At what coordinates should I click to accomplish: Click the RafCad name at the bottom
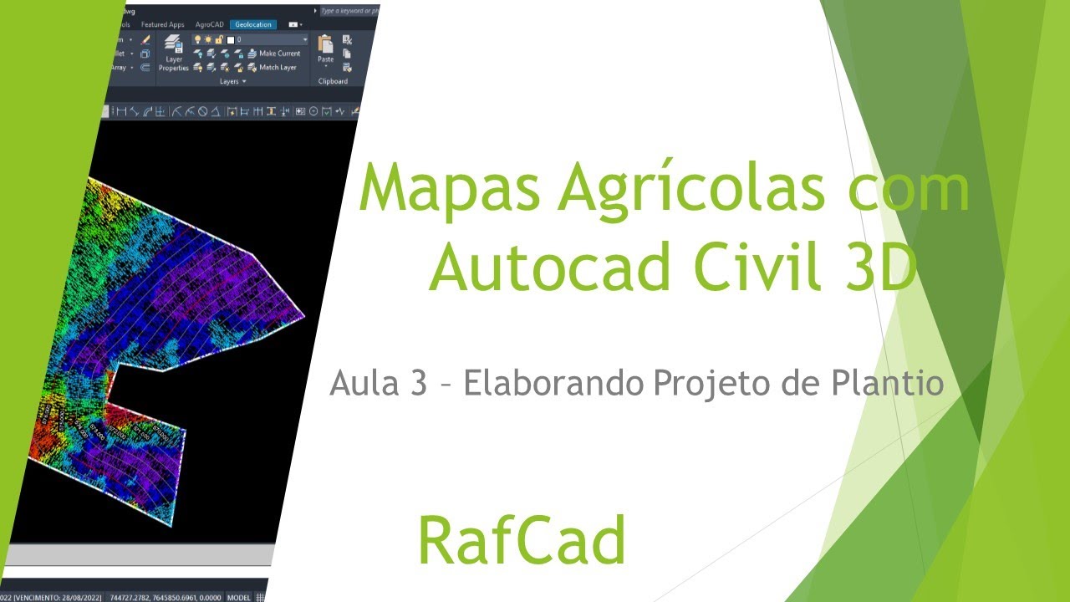click(x=522, y=540)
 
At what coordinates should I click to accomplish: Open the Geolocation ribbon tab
click(x=253, y=25)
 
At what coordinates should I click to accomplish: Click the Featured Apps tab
click(x=162, y=25)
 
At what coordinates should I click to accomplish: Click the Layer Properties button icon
click(x=174, y=45)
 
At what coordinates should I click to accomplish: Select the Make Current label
click(x=279, y=54)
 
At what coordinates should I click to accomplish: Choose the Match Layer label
click(x=278, y=68)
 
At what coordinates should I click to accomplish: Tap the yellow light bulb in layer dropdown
click(x=197, y=39)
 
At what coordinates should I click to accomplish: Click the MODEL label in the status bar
click(x=240, y=597)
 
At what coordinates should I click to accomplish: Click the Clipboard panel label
click(x=333, y=81)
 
